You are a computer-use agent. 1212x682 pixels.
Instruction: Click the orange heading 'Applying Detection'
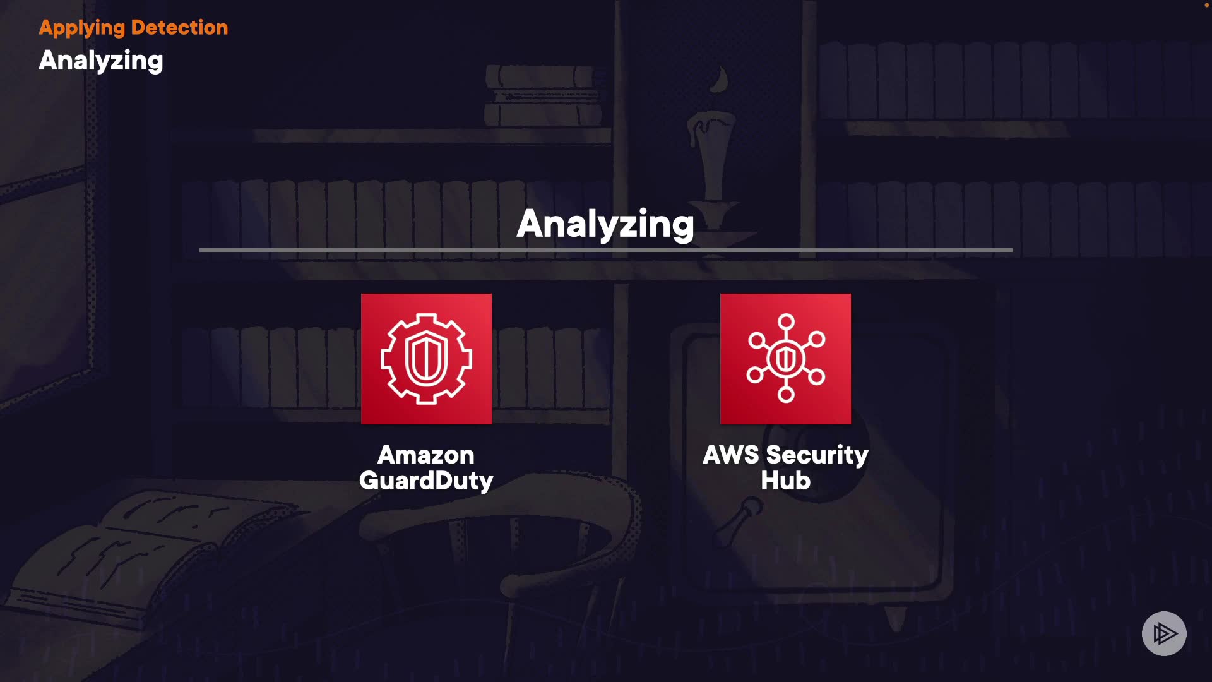pos(133,28)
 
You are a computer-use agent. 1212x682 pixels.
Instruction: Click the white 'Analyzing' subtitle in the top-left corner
pos(101,61)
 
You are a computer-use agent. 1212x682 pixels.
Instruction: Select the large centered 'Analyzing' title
pos(605,224)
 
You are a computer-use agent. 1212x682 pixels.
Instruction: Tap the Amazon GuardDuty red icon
pos(426,359)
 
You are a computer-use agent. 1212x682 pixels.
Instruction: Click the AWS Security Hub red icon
pos(785,359)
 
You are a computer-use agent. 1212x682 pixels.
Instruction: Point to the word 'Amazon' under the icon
pos(426,455)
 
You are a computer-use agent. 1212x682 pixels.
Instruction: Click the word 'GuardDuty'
pos(426,481)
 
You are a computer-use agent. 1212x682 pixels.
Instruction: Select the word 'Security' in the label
pos(817,455)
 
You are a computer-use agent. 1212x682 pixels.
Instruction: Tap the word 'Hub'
pos(785,481)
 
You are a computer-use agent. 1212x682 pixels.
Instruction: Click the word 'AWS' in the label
pos(731,455)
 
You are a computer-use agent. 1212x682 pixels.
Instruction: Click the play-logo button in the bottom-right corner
pos(1164,633)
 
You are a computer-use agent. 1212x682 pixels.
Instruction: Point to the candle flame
pos(720,80)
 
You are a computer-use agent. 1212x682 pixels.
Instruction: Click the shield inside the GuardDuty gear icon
pos(426,359)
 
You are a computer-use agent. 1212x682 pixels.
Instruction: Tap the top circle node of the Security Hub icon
pos(786,322)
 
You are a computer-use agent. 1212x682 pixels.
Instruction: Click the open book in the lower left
pos(126,556)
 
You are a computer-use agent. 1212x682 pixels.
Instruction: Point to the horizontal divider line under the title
pos(606,250)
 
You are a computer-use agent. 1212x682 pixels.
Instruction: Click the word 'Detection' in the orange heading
pos(179,28)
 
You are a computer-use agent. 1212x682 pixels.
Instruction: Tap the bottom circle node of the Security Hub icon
pos(786,395)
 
